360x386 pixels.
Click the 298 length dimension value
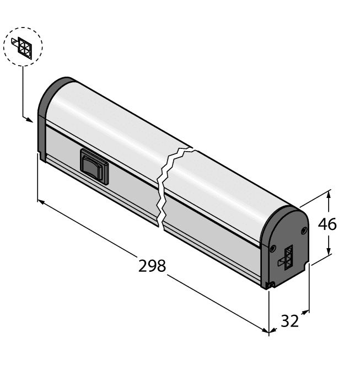[152, 266]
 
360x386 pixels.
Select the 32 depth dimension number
[289, 320]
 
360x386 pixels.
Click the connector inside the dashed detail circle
[23, 46]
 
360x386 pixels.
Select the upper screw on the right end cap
[303, 230]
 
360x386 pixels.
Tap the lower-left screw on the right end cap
[273, 248]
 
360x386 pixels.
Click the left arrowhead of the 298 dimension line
[40, 202]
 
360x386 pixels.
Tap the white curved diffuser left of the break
[110, 121]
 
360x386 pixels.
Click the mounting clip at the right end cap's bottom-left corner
[270, 285]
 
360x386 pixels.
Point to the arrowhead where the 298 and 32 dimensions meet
[268, 331]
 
